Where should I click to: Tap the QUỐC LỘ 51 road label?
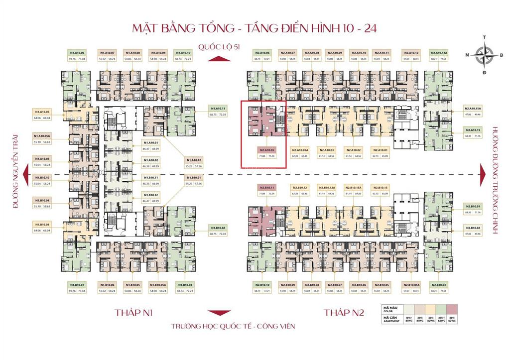pos(219,47)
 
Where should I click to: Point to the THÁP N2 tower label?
pos(344,313)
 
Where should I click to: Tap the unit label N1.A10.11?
pos(218,108)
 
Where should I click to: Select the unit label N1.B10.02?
pos(218,228)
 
